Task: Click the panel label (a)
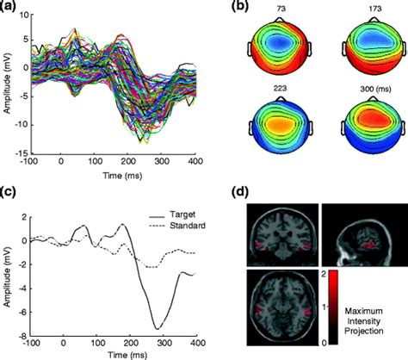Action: pos(11,9)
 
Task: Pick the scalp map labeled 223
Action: pos(281,130)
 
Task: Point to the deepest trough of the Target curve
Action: pos(155,328)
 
